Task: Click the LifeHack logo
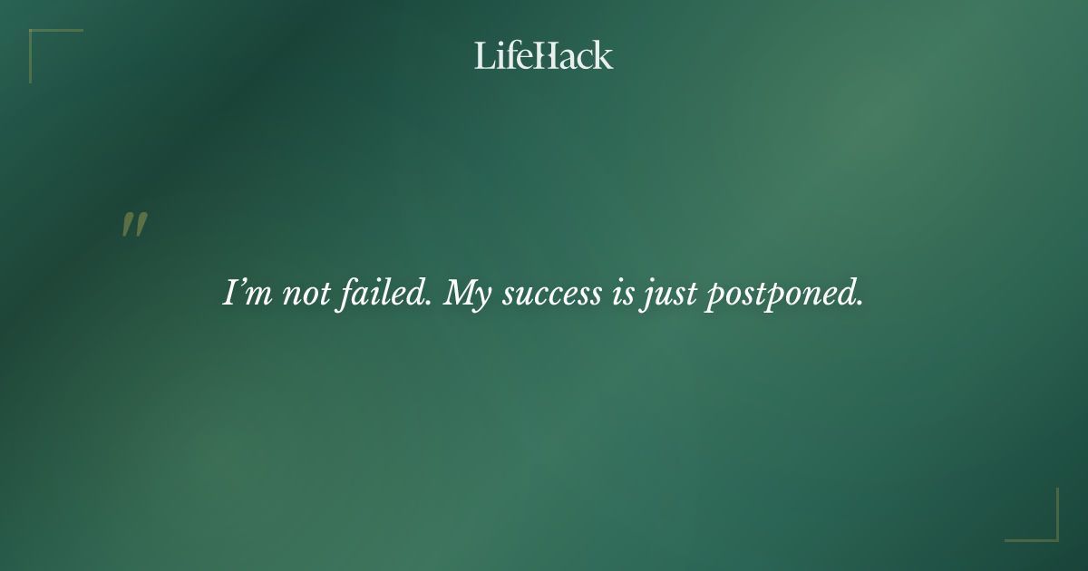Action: click(543, 55)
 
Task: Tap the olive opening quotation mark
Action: click(134, 225)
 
